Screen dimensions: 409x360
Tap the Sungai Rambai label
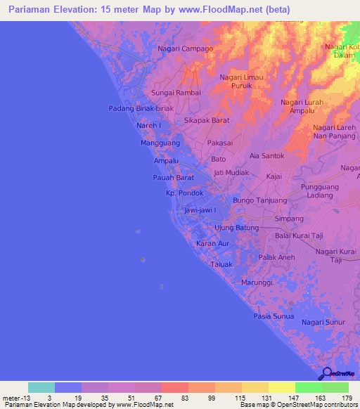pyautogui.click(x=176, y=93)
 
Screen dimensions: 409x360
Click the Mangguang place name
pyautogui.click(x=160, y=143)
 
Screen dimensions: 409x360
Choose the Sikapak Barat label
pyautogui.click(x=207, y=120)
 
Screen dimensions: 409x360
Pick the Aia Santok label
pyautogui.click(x=267, y=155)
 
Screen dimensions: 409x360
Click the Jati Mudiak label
pyautogui.click(x=229, y=172)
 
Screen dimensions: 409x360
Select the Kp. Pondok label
pyautogui.click(x=184, y=193)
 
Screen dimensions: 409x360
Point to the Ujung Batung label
pyautogui.click(x=236, y=228)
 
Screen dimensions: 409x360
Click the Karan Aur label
pyautogui.click(x=213, y=243)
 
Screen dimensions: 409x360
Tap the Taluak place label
pyautogui.click(x=221, y=265)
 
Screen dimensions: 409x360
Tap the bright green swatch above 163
pyautogui.click(x=308, y=387)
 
